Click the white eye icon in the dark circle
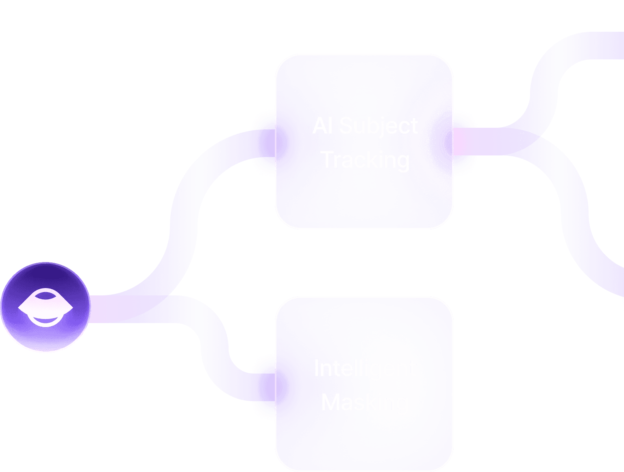coord(45,308)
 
